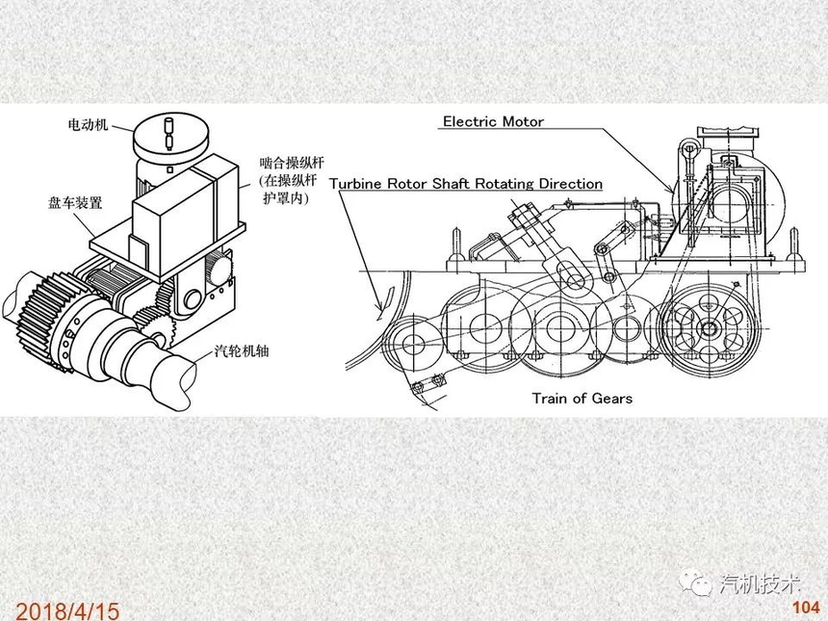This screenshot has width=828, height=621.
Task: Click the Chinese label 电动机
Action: click(88, 124)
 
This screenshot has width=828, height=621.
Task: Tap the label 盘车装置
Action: click(75, 203)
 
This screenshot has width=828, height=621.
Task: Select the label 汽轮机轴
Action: click(242, 350)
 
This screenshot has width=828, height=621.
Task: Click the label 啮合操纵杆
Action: click(291, 162)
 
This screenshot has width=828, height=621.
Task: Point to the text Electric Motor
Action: click(493, 121)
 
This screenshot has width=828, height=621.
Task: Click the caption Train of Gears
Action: click(582, 398)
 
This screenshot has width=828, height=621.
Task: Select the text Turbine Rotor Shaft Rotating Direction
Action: click(466, 184)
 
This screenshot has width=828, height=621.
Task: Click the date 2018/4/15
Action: click(67, 610)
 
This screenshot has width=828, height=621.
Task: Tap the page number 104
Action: click(806, 608)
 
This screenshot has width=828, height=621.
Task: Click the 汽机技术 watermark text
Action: click(760, 584)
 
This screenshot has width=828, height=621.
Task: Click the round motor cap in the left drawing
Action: click(169, 135)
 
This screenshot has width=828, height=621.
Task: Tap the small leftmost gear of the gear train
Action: click(406, 346)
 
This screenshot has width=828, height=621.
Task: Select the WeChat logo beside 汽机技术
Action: click(696, 584)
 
